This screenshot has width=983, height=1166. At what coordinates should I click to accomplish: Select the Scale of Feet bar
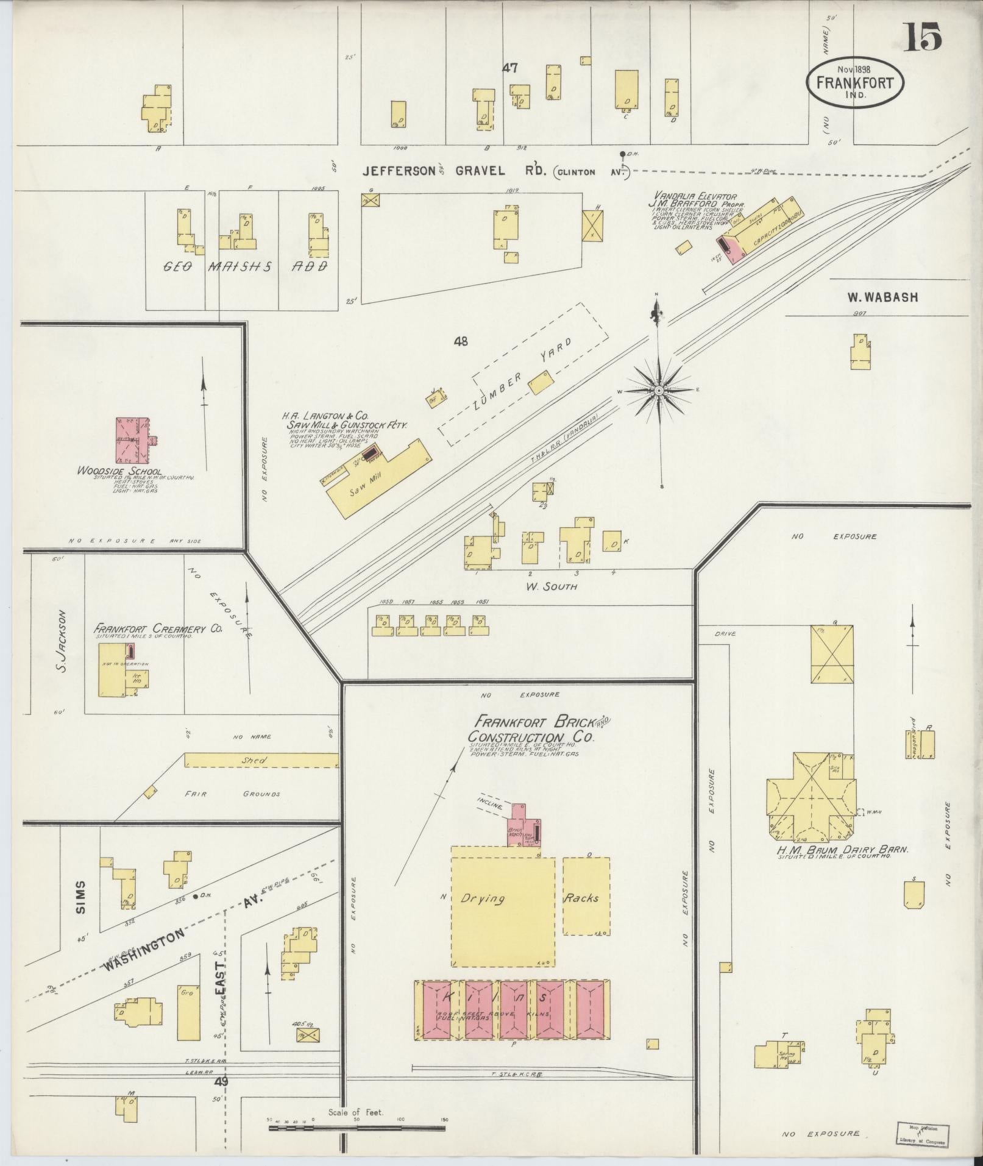pos(357,1128)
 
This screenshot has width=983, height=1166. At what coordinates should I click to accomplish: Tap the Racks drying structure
pos(586,897)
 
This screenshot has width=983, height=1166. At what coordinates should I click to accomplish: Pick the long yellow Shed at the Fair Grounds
pos(261,761)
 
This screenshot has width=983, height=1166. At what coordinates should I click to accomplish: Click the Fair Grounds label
pos(232,794)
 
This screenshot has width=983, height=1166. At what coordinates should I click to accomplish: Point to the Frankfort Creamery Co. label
pos(157,628)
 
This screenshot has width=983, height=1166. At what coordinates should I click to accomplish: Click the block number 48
pos(460,341)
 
